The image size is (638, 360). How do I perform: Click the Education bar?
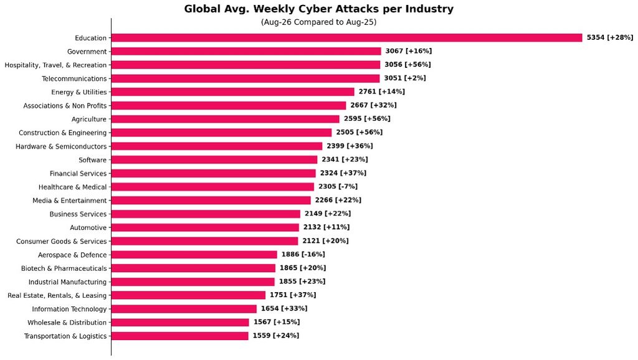[x=346, y=38]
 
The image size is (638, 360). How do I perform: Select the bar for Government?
[x=246, y=51]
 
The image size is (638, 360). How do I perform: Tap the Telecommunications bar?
[x=245, y=78]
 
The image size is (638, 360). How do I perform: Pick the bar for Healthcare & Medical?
[x=213, y=187]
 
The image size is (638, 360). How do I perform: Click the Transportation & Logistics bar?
[x=180, y=336]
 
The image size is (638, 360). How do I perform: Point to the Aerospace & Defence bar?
[x=194, y=255]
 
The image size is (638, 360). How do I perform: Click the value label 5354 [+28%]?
[x=610, y=37]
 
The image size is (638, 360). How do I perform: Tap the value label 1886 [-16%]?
[x=303, y=254]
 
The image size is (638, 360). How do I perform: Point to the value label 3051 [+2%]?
[x=405, y=78]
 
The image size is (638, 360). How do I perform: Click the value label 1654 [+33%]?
[x=284, y=308]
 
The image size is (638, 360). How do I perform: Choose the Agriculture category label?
[x=89, y=119]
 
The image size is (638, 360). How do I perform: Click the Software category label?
[x=93, y=160]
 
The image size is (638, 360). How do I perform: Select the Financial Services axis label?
[x=78, y=173]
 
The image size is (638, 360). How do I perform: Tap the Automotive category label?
[x=88, y=227]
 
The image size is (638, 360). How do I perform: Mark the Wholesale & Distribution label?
[x=67, y=323]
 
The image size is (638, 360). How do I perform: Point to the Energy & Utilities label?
[x=79, y=92]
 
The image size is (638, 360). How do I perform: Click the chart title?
[x=319, y=9]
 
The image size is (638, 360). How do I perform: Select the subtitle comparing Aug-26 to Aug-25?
[x=318, y=22]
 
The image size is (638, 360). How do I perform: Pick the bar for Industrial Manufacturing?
[x=193, y=282]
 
